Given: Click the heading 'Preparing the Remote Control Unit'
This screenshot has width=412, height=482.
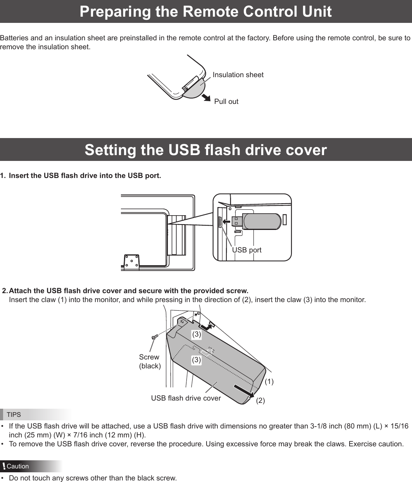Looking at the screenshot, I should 205,12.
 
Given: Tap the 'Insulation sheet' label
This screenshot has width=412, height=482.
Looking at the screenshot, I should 238,75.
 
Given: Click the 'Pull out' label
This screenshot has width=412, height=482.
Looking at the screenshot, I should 226,102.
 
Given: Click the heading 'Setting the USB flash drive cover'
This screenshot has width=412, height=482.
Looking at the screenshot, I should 205,150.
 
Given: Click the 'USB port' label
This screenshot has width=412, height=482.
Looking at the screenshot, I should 247,250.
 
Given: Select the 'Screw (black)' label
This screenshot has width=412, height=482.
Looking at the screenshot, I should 150,361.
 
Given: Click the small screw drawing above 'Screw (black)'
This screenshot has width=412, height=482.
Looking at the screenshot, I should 154,337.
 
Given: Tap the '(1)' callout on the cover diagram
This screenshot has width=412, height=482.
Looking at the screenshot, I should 269,382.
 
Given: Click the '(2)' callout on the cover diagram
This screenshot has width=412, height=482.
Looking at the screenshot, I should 260,401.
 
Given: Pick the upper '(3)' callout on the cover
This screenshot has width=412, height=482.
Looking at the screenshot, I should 197,334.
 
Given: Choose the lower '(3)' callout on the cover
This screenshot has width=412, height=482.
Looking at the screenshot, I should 197,360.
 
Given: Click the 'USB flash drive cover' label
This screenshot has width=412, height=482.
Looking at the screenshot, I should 186,398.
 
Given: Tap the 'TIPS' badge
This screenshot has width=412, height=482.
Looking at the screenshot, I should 14,415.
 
